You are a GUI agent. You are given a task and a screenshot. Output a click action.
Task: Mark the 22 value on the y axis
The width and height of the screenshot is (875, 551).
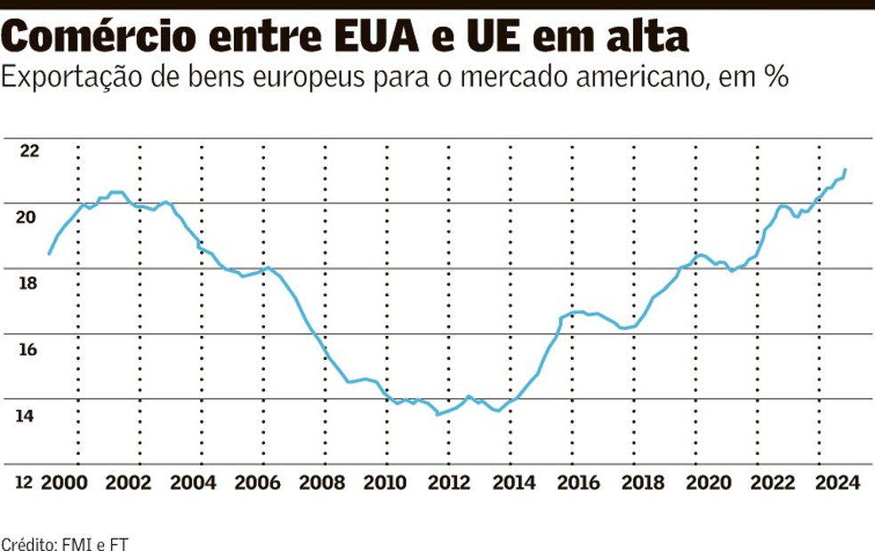click(30, 151)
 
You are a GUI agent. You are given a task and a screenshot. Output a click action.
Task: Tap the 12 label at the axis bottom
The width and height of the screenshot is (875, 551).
click(24, 483)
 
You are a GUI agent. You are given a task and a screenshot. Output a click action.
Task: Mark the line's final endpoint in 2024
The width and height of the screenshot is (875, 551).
click(845, 169)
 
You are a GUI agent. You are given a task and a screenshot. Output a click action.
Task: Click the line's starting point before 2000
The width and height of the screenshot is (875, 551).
click(49, 254)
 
